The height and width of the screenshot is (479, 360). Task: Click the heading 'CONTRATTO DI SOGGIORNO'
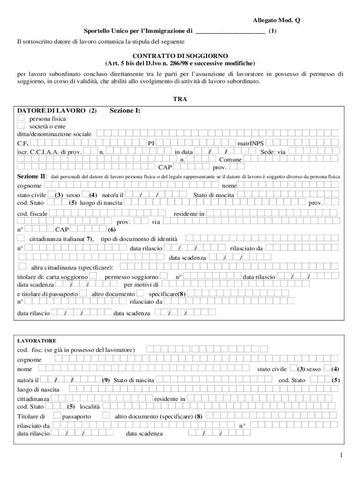[180, 56]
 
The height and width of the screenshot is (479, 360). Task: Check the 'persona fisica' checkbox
[21, 119]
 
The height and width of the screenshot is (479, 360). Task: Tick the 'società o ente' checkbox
[21, 126]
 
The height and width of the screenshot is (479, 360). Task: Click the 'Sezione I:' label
[125, 111]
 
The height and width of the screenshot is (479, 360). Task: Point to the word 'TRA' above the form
[180, 99]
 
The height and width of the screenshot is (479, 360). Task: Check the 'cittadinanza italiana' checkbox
[21, 239]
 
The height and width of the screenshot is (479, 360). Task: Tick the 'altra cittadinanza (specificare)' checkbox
[22, 267]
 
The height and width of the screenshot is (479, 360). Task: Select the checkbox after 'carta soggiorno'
[93, 276]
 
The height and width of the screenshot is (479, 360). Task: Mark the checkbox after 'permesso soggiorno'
[164, 276]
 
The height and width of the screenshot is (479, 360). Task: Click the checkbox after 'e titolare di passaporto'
[83, 293]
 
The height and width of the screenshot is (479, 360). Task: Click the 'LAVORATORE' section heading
[37, 341]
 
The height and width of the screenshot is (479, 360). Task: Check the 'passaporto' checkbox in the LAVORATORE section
[57, 415]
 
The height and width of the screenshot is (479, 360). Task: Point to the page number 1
[342, 455]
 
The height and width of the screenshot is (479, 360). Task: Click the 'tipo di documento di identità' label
[139, 239]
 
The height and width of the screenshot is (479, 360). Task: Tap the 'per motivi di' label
[141, 284]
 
